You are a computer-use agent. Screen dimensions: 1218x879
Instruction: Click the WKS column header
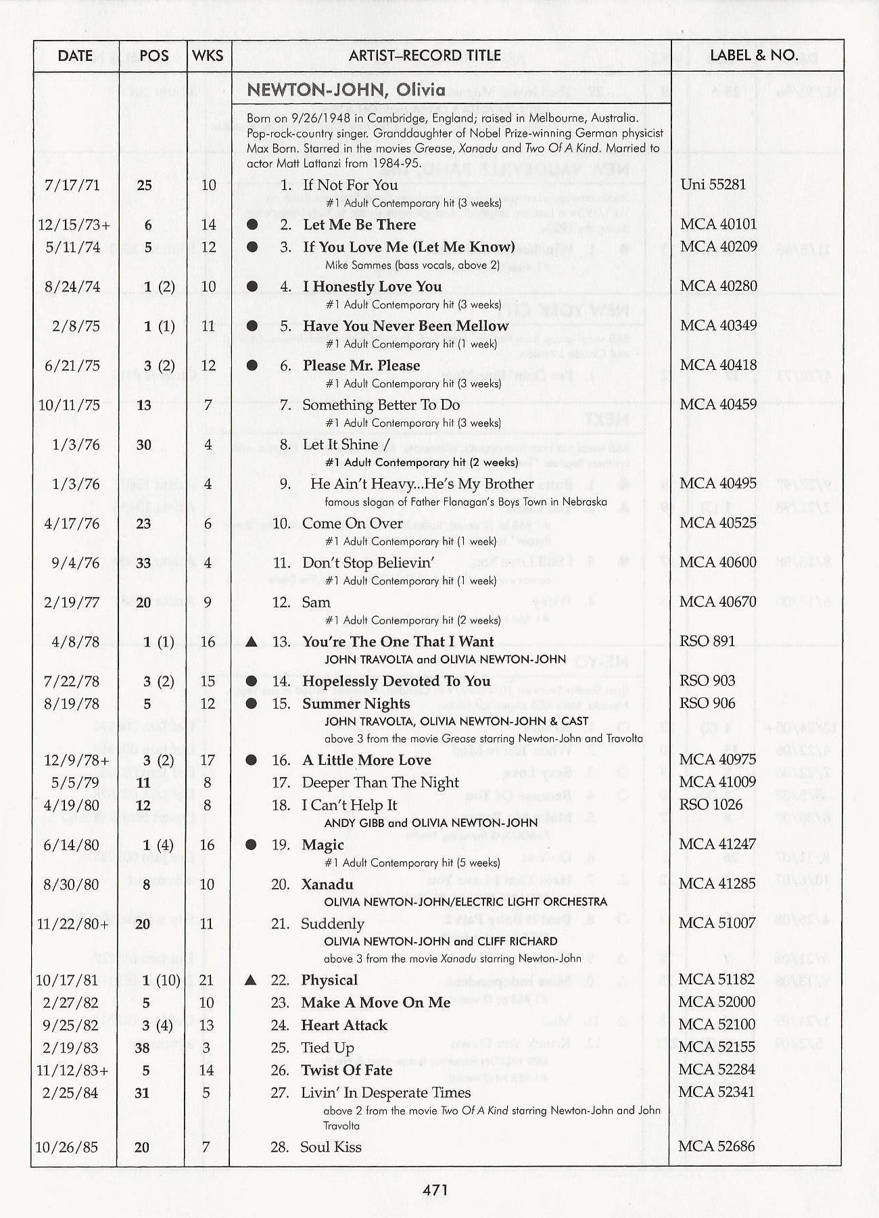point(208,55)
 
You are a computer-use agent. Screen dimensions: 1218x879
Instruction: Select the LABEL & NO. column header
point(754,55)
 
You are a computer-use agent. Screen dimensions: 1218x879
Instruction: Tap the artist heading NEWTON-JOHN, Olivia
point(346,90)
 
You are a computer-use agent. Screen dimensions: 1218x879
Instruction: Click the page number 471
point(435,1190)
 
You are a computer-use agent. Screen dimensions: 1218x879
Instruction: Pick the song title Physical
point(330,980)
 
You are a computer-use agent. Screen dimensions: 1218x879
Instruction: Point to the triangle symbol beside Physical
point(251,980)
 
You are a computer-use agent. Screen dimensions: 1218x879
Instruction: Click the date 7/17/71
point(72,185)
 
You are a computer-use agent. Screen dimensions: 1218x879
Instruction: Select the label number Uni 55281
point(714,184)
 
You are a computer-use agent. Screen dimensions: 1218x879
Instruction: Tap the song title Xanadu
point(327,884)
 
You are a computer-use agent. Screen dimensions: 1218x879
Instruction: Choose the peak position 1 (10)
point(162,980)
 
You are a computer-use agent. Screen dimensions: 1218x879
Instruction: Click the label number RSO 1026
point(711,805)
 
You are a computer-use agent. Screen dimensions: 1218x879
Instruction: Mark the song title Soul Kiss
point(331,1147)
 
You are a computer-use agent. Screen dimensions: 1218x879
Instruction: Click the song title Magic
point(323,845)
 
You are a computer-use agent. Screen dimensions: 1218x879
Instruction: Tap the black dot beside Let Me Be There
point(252,225)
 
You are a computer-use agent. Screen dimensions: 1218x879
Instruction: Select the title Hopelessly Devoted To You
point(396,681)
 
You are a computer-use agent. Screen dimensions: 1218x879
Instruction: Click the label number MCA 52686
point(717,1146)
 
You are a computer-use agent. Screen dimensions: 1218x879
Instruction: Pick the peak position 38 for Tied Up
point(142,1048)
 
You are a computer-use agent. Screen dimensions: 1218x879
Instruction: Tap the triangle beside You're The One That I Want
point(251,641)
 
